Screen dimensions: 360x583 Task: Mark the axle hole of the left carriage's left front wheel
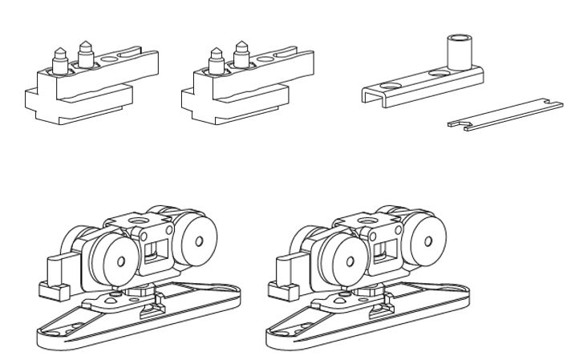[x=120, y=262]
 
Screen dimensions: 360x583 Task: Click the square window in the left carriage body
[x=156, y=253]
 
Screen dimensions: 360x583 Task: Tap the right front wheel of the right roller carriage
[x=422, y=241]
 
